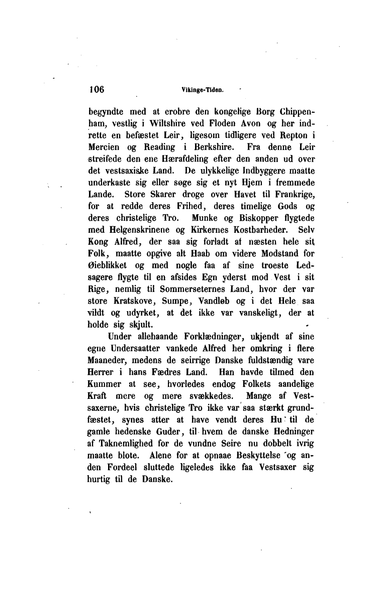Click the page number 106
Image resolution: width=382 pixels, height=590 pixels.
(x=95, y=90)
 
